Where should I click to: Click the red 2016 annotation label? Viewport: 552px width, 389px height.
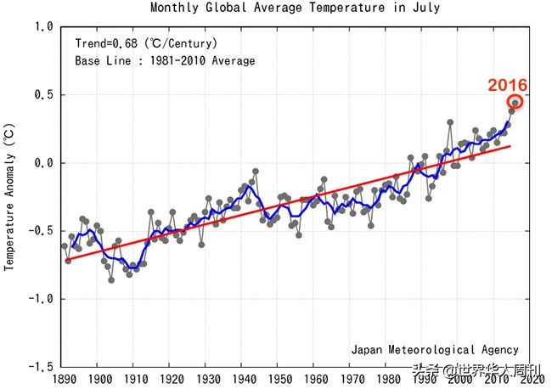[507, 85]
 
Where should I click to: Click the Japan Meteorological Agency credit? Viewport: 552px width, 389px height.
[435, 349]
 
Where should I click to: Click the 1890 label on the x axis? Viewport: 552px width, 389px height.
[65, 379]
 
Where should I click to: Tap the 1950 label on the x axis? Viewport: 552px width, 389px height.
[279, 379]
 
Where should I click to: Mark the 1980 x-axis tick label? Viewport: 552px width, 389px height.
[386, 379]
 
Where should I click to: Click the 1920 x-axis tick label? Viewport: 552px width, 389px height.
[172, 379]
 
